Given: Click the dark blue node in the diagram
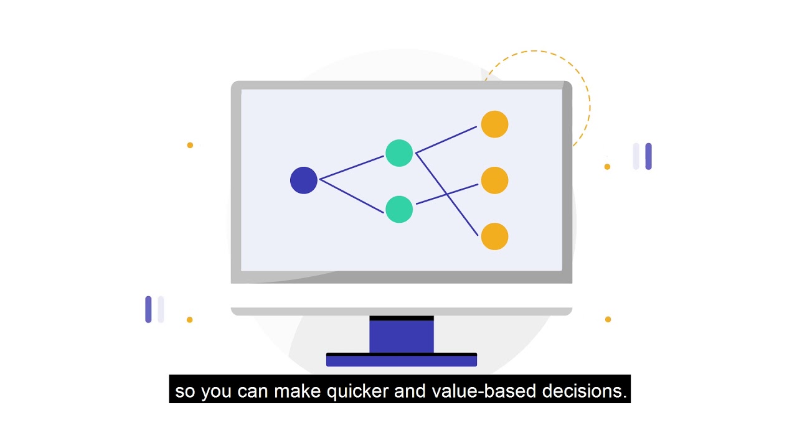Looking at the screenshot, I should pos(304,180).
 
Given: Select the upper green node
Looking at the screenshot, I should pos(399,153).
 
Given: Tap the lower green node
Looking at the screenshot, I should pos(399,209).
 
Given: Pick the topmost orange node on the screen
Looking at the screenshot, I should pos(494,124).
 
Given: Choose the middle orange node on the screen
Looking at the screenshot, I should pos(494,180).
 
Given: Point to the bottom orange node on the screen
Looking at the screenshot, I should pos(494,236).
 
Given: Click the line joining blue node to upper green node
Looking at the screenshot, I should pos(352,167).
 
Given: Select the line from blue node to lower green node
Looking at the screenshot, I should pos(352,196).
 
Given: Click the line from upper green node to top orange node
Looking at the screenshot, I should pos(446,139).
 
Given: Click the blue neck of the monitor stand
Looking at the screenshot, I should pos(402,336).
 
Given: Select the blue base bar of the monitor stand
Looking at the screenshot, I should pos(402,360).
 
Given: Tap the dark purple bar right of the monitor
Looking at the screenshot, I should pos(648,156).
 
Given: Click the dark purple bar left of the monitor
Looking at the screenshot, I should pos(148,309).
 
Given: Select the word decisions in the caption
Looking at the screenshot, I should pos(583,391).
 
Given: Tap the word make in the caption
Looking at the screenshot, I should pos(296,391).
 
